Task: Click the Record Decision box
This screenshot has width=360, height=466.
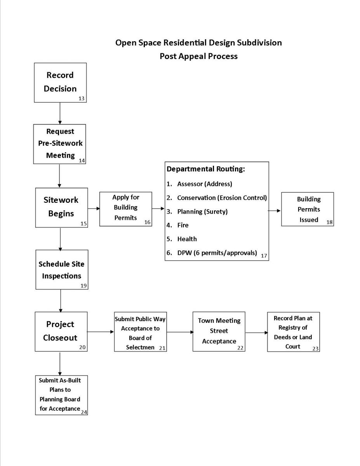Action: (60, 82)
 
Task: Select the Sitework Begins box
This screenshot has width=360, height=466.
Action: (61, 207)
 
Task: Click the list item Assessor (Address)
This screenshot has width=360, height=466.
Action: (204, 184)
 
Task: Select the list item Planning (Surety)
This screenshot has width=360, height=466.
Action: (202, 212)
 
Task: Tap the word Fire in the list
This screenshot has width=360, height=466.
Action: (183, 225)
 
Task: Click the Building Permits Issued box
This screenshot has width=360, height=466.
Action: (308, 209)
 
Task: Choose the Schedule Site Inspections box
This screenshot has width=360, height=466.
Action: (61, 270)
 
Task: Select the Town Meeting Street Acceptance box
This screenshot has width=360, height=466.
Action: (219, 331)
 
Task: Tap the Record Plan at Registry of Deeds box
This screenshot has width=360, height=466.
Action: (293, 332)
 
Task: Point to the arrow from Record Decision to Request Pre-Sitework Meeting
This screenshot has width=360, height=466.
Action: (60, 113)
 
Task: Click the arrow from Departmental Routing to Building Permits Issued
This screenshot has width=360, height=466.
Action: (275, 211)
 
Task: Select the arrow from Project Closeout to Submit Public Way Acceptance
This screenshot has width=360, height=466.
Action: (100, 332)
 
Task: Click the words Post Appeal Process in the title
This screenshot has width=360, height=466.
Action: (198, 56)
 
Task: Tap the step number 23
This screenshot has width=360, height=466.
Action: (315, 349)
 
